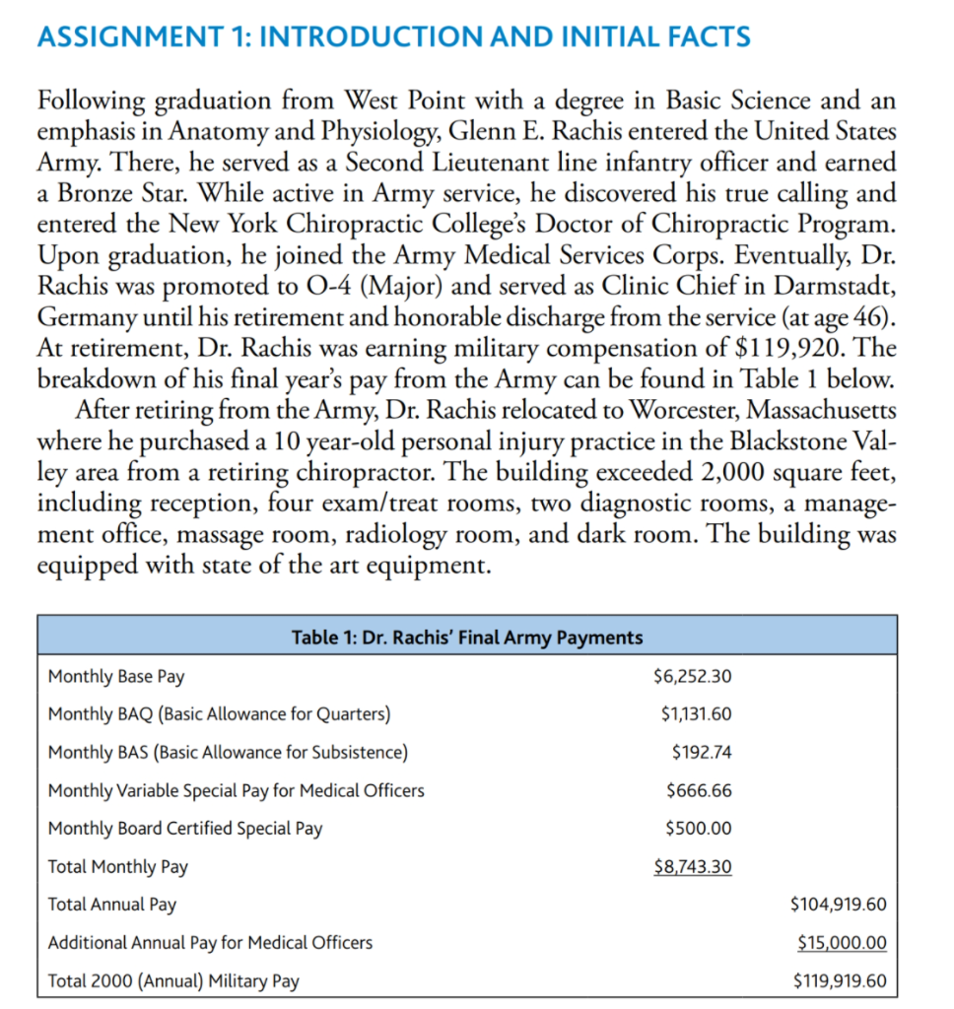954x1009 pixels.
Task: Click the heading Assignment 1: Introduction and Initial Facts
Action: [392, 38]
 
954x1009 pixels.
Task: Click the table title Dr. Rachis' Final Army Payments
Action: [467, 638]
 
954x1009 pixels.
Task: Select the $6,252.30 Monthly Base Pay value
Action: [692, 677]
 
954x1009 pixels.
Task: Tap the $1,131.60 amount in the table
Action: [696, 714]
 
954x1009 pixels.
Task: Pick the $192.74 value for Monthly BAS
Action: [701, 752]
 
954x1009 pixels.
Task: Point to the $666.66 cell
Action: [699, 790]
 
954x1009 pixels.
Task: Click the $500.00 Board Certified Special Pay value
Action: [699, 829]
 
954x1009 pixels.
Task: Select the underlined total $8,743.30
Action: [693, 867]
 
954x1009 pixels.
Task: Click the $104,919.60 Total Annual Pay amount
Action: [838, 905]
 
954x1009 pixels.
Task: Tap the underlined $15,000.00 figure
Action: [842, 943]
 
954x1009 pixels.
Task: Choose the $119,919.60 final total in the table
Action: [838, 981]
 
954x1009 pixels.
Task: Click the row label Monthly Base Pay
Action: [116, 677]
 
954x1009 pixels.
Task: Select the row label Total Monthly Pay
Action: [118, 867]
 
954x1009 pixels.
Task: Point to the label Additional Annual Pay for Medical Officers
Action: [210, 943]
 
